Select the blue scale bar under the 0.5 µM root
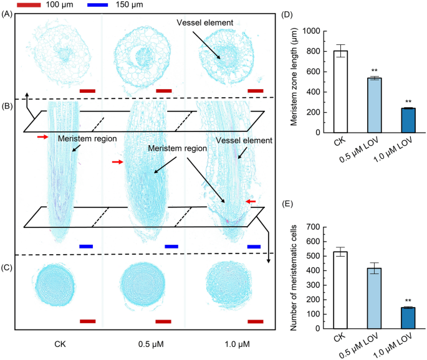(x=171, y=247)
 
